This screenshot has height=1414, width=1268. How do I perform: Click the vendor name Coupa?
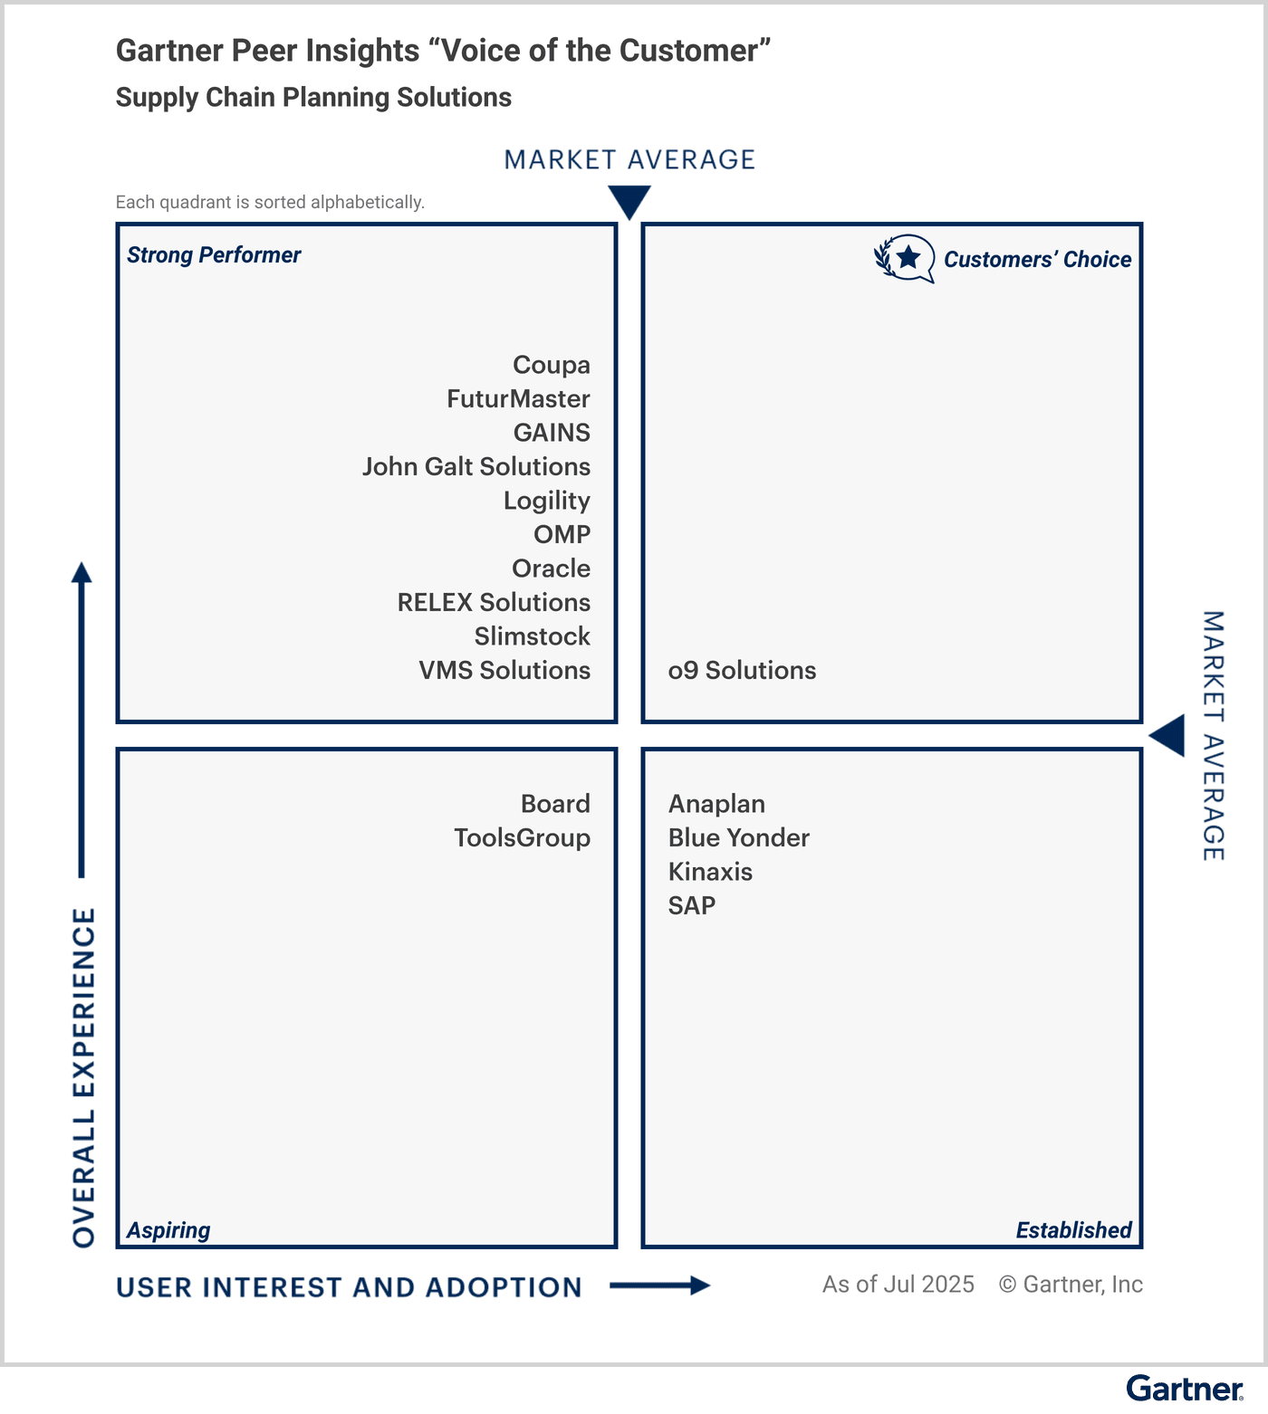coord(551,365)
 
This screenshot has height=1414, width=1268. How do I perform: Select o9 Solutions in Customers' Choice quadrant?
coord(742,671)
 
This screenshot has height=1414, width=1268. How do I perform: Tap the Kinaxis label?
coord(710,872)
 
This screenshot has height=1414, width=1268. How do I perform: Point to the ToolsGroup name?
coord(522,838)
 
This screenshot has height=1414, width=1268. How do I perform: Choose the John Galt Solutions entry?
coord(476,467)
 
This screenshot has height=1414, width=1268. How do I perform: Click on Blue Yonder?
coord(738,838)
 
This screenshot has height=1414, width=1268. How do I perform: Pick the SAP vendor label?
coord(692,906)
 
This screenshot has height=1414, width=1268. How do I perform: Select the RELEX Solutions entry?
coord(494,603)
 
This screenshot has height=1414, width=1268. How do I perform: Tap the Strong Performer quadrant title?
coord(214,255)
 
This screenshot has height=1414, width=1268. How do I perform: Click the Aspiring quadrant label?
coord(168,1230)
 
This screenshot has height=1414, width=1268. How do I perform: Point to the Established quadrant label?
coord(1073,1230)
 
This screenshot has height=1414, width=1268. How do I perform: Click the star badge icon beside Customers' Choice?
coord(906,259)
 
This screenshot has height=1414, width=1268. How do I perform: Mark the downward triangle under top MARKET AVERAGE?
coord(629,201)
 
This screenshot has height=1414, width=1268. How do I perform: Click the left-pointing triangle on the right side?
coord(1169,735)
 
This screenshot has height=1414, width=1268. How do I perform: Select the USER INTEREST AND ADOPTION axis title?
coord(349,1287)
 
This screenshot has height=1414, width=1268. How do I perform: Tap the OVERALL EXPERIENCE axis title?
coord(83,1077)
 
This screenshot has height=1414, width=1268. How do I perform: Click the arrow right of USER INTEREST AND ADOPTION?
coord(660,1285)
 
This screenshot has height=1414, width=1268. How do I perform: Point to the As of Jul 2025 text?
coord(898,1285)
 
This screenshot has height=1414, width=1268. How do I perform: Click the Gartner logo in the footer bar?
coord(1185,1389)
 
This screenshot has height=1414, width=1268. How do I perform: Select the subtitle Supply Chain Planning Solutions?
coord(313,98)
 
